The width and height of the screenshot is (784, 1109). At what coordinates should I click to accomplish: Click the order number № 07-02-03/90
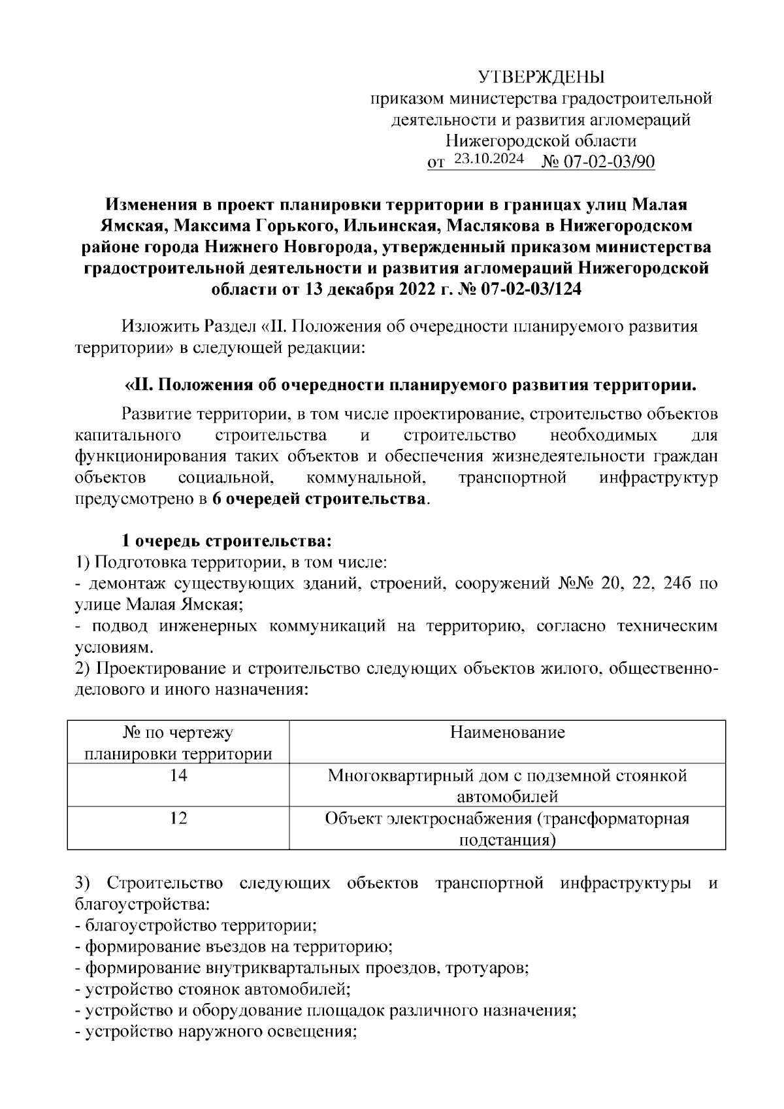(598, 161)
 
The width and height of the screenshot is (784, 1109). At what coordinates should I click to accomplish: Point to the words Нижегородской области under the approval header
(541, 141)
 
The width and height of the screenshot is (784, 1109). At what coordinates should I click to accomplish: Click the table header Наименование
(507, 733)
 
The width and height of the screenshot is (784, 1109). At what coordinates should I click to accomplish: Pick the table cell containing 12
(178, 818)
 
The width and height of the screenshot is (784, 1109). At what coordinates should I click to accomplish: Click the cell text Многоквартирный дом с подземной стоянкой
(507, 776)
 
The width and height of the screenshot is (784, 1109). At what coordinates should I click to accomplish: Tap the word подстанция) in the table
(507, 840)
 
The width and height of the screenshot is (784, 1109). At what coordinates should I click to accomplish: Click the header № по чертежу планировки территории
(178, 743)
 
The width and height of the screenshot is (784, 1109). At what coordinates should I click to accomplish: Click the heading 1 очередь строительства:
(227, 542)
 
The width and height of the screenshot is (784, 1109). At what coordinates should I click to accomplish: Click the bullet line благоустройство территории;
(196, 926)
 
